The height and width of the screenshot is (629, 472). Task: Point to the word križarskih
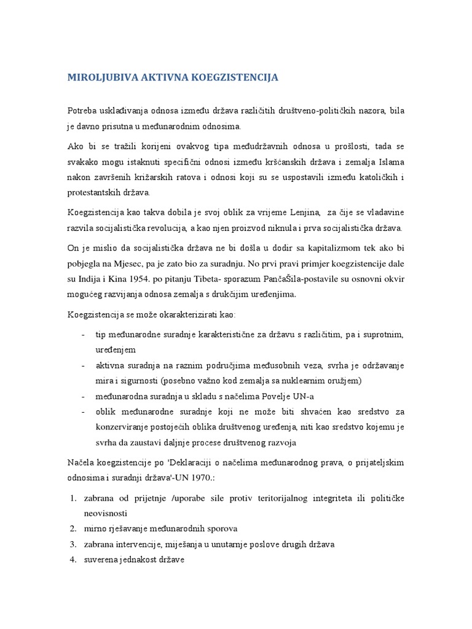160,178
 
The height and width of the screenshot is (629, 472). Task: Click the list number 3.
72,544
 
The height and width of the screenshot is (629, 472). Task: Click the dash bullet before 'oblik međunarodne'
83,411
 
